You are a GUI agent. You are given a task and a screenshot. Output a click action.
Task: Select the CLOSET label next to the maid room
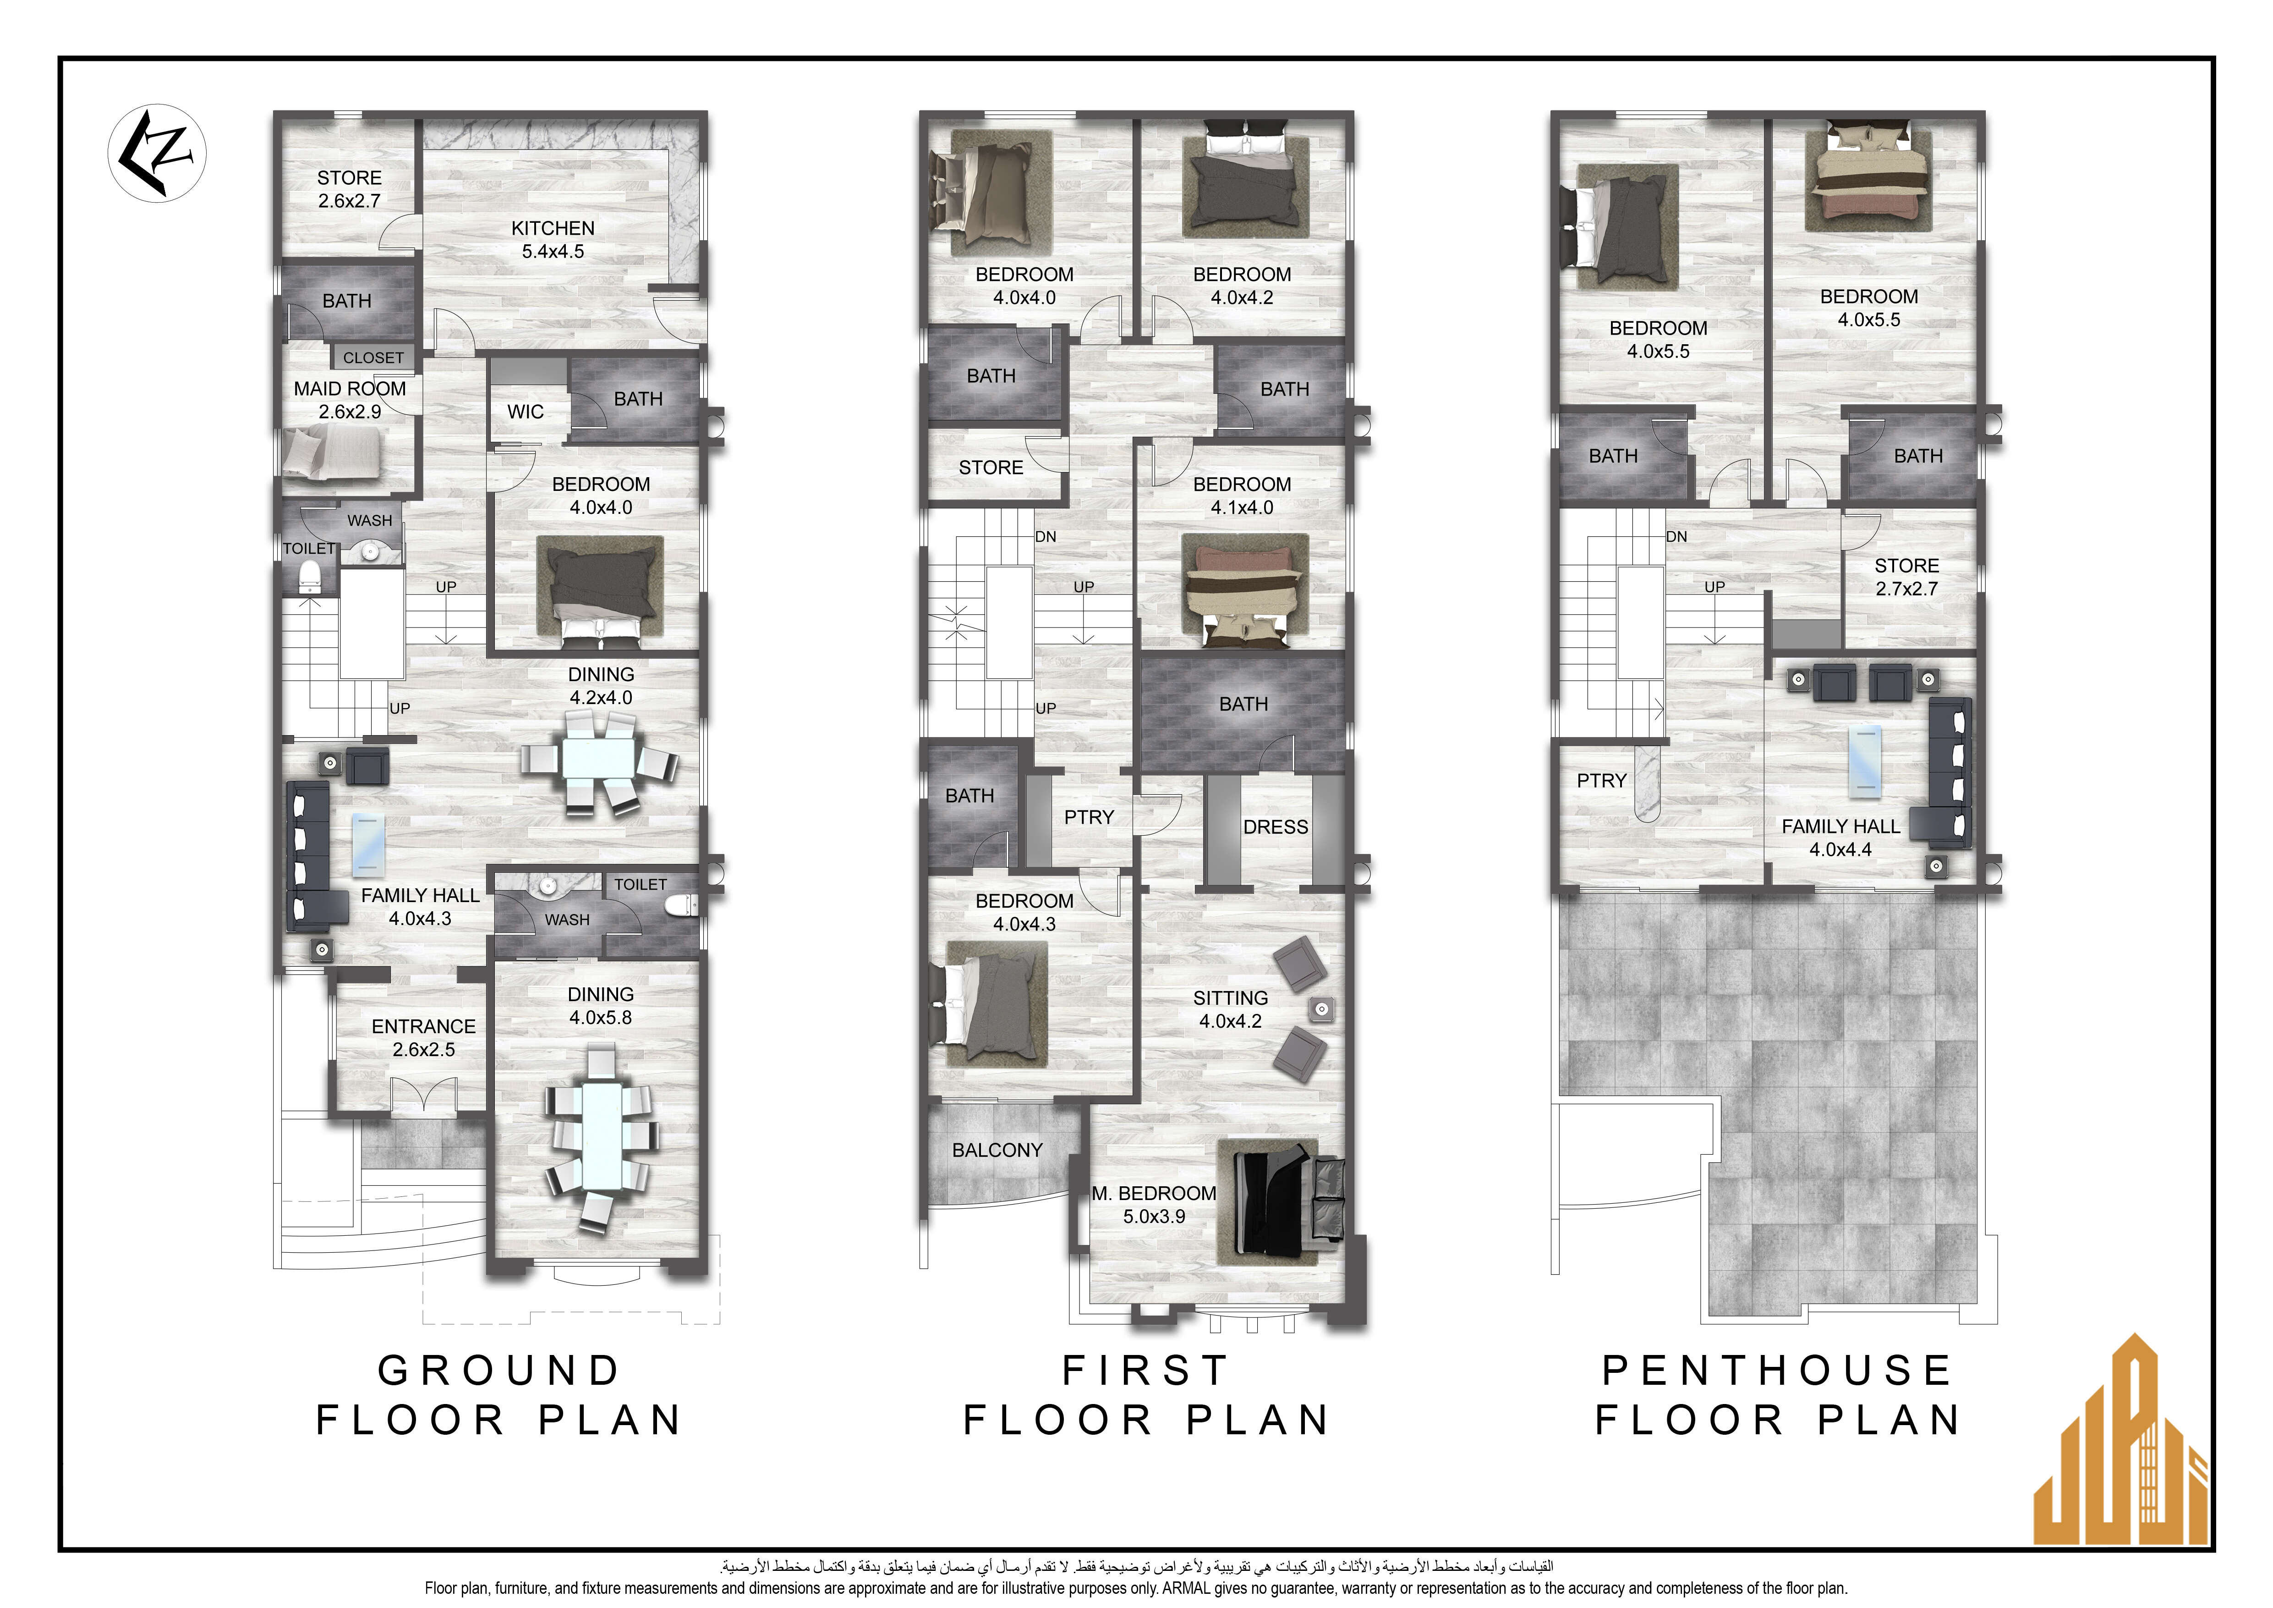[373, 358]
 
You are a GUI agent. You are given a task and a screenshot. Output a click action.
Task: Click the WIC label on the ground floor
[526, 412]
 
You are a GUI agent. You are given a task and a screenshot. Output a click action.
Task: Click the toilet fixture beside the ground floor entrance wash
[678, 904]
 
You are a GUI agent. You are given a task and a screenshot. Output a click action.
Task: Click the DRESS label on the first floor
[1275, 827]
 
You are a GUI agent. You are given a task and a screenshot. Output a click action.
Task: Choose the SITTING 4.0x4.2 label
[1231, 1009]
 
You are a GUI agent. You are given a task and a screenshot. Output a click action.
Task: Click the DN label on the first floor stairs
[1046, 537]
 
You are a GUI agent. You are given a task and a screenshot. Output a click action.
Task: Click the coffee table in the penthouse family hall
[1865, 760]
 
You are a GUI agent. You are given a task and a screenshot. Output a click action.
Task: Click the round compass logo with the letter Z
[156, 154]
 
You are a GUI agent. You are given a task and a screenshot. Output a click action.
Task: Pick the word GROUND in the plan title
[499, 1371]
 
